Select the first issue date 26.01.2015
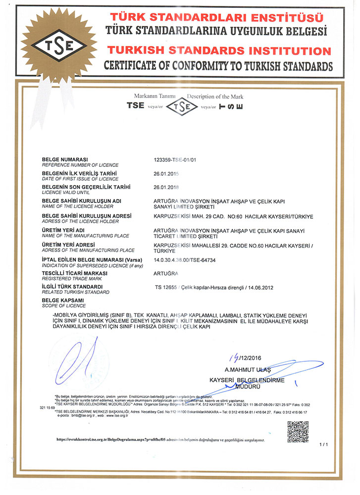167,174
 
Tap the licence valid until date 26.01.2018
167,187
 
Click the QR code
298,431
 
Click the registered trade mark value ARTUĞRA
167,273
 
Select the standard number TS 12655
166,287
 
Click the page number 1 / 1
324,445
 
